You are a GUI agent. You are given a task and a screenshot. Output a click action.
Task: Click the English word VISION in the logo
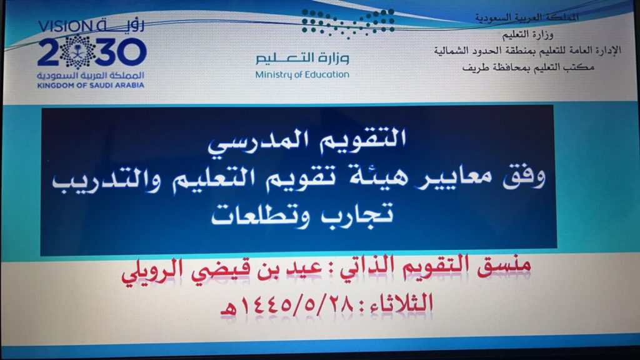[x=65, y=27]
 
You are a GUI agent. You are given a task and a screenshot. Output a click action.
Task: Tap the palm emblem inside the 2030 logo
[x=77, y=52]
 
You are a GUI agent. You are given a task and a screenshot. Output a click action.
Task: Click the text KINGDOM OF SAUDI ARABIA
[x=91, y=85]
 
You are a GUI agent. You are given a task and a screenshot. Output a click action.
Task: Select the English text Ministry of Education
[x=302, y=75]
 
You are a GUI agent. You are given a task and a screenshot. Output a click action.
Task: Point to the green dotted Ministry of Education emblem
[x=347, y=23]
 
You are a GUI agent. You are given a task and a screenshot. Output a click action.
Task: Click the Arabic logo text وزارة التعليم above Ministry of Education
[x=302, y=58]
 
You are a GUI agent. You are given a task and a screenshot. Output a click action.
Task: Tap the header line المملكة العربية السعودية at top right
[x=526, y=17]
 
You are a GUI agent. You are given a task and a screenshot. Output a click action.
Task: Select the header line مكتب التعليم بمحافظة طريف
[x=528, y=67]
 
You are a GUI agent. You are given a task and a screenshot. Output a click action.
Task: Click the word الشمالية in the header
[x=452, y=51]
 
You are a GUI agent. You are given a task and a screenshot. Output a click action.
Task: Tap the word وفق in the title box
[x=524, y=178]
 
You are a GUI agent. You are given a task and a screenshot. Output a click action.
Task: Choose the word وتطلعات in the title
[x=261, y=216]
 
